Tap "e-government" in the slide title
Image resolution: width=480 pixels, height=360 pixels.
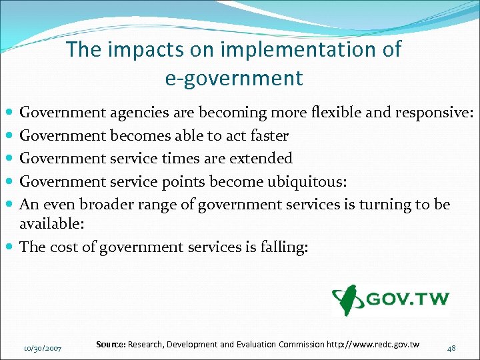click(x=233, y=78)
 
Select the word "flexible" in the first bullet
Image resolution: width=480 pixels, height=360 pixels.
click(x=337, y=113)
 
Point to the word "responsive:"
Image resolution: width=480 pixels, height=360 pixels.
click(x=433, y=113)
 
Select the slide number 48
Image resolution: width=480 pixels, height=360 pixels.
click(x=451, y=347)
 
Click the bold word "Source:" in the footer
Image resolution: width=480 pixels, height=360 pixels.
click(x=111, y=344)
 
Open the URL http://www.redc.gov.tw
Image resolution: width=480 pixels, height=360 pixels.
click(x=373, y=344)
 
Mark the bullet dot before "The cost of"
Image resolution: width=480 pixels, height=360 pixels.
click(x=11, y=247)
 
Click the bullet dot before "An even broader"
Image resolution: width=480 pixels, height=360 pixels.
click(x=11, y=204)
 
